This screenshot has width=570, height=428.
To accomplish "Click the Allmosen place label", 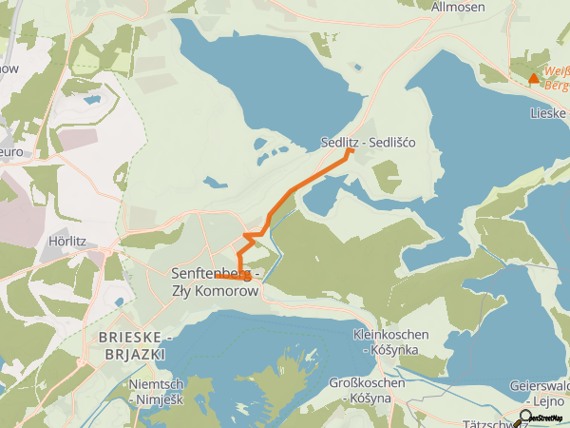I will [458, 8].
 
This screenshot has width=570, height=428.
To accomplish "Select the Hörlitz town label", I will [66, 242].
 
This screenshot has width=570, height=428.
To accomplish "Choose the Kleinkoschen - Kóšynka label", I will [390, 342].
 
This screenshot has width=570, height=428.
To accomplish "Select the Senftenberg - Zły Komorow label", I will [215, 282].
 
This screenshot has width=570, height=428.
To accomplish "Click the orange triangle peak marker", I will [534, 78].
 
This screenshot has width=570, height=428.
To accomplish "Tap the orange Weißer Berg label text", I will [555, 77].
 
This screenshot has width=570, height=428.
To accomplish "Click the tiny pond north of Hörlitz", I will [92, 98].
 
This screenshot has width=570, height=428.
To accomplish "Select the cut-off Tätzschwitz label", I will [489, 421].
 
